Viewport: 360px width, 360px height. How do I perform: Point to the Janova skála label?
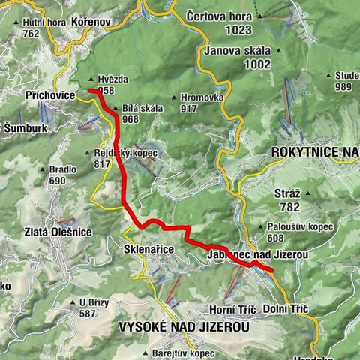[x=238, y=52]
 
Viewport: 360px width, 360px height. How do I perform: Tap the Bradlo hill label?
[x=64, y=169]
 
